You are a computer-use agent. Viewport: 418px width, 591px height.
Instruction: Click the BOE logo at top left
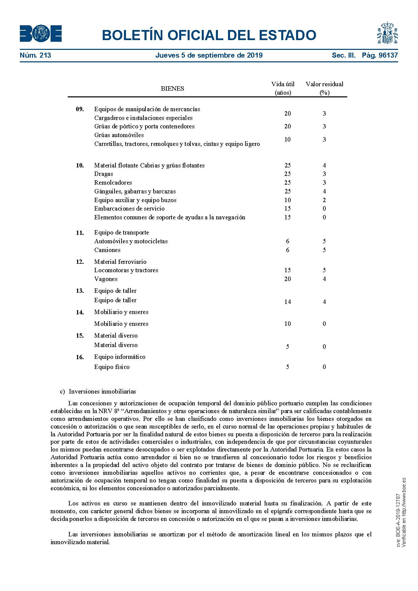pyautogui.click(x=41, y=34)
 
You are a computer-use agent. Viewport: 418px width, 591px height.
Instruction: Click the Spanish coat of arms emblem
pyautogui.click(x=387, y=33)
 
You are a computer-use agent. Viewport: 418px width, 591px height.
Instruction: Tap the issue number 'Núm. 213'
pyautogui.click(x=35, y=55)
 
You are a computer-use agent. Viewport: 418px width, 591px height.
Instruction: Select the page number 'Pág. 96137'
pyautogui.click(x=380, y=55)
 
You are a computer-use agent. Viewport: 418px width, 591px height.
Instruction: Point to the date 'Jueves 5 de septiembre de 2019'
pyautogui.click(x=209, y=55)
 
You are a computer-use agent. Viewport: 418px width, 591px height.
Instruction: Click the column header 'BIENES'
pyautogui.click(x=172, y=89)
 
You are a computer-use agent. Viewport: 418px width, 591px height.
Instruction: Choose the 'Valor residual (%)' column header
pyautogui.click(x=324, y=88)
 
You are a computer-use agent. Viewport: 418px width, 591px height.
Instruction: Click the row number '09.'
pyautogui.click(x=80, y=109)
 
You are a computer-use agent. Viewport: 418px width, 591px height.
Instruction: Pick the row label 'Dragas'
pyautogui.click(x=104, y=174)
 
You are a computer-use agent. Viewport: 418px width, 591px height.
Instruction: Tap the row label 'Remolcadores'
pyautogui.click(x=113, y=183)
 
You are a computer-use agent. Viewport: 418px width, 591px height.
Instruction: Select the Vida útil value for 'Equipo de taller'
pyautogui.click(x=287, y=302)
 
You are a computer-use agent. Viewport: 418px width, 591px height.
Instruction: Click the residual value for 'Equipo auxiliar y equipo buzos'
pyautogui.click(x=324, y=200)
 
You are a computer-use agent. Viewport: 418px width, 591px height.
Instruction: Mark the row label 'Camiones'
pyautogui.click(x=107, y=250)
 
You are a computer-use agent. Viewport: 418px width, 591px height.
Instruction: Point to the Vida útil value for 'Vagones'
pyautogui.click(x=287, y=279)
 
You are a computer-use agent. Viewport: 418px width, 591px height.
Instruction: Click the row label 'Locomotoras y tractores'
pyautogui.click(x=126, y=270)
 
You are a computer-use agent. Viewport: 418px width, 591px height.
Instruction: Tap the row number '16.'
pyautogui.click(x=80, y=357)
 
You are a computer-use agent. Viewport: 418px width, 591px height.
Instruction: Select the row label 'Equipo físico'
pyautogui.click(x=112, y=367)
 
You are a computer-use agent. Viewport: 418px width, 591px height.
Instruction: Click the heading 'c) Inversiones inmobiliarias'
pyautogui.click(x=98, y=392)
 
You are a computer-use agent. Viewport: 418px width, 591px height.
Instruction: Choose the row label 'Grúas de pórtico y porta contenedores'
pyautogui.click(x=144, y=126)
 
